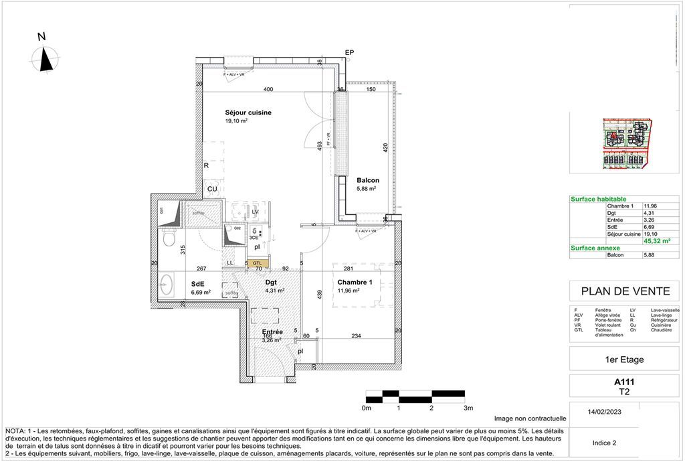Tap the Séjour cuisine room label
click(248, 112)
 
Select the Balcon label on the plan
click(368, 180)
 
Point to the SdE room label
click(197, 283)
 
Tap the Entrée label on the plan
click(272, 331)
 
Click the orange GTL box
click(257, 263)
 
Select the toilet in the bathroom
click(169, 238)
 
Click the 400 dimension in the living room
click(268, 90)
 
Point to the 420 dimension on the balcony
click(386, 149)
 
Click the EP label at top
click(349, 53)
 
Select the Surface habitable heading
click(598, 199)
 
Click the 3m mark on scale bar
click(468, 407)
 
